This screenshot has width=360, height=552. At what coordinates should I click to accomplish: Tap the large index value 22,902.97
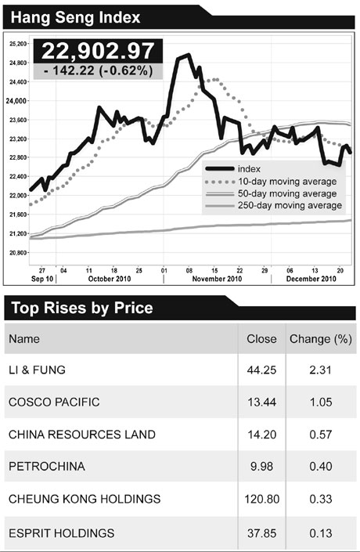[x=98, y=51]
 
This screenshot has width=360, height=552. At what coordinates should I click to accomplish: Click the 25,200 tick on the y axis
[x=19, y=44]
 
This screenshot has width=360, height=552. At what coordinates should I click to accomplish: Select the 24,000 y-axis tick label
[x=17, y=101]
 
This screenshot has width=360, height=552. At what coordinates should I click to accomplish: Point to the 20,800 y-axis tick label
[x=19, y=252]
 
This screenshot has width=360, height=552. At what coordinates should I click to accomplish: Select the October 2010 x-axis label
[x=108, y=279]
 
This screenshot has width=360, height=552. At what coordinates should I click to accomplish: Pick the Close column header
[x=261, y=339]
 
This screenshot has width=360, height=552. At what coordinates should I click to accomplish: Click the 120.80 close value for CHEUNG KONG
[x=261, y=500]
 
